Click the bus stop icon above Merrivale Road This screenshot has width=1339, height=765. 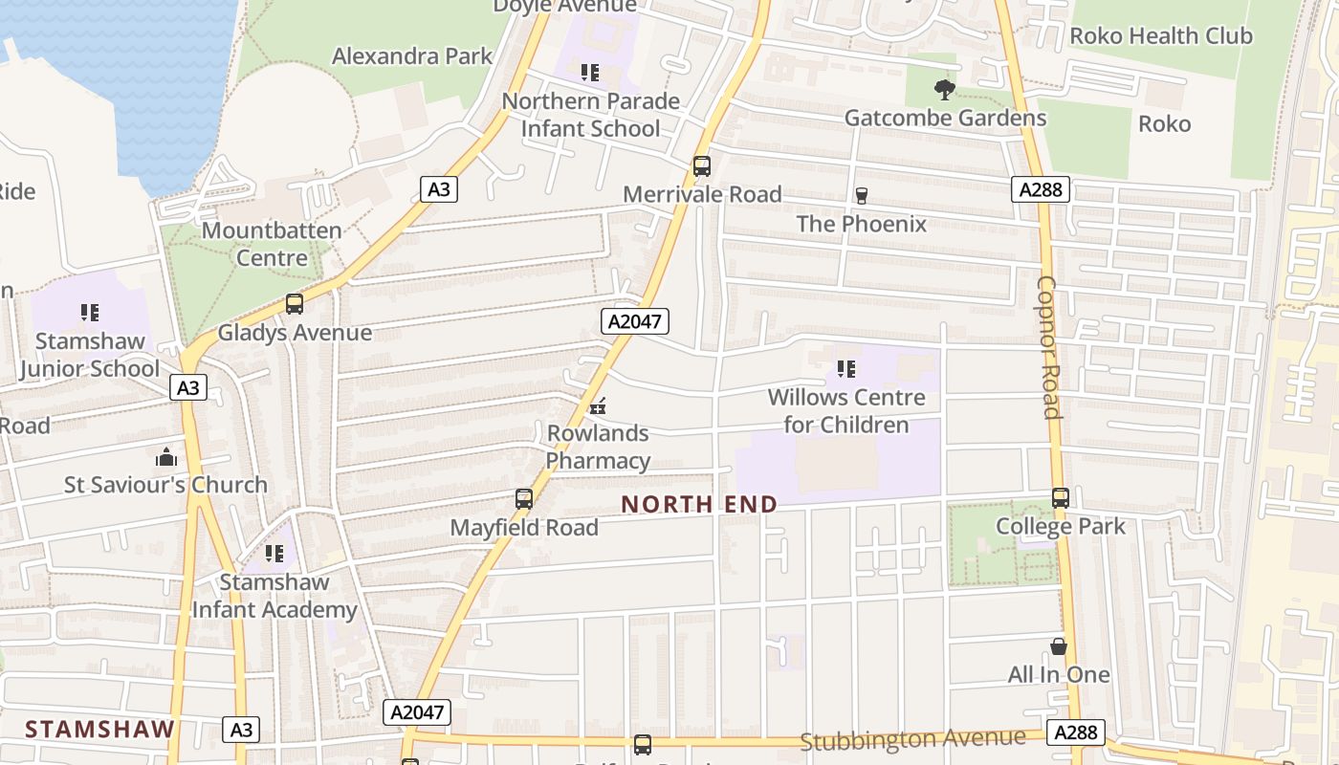[x=702, y=166]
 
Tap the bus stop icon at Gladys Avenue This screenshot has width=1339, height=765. [x=295, y=304]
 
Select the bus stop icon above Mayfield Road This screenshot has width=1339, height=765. [x=524, y=498]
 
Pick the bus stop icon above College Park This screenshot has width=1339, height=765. [x=1060, y=497]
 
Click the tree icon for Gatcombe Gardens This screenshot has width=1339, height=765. [x=945, y=90]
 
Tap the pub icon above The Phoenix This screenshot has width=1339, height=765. [x=861, y=196]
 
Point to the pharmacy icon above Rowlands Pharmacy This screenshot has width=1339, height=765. [x=598, y=406]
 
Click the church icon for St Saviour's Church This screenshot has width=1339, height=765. [x=166, y=457]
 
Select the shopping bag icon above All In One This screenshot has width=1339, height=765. [x=1058, y=646]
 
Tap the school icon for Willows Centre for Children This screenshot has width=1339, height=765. [x=846, y=368]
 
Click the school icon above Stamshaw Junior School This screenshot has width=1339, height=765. [x=90, y=312]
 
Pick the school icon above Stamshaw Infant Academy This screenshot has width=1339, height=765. [x=274, y=553]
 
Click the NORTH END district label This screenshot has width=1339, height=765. [x=699, y=504]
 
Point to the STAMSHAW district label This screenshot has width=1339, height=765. [x=100, y=729]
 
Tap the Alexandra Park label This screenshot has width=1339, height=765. [x=412, y=56]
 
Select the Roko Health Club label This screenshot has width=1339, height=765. [x=1161, y=36]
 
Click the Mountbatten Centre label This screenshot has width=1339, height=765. [x=272, y=244]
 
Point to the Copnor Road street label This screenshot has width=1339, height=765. [x=1049, y=348]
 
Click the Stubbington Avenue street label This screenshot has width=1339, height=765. [x=912, y=739]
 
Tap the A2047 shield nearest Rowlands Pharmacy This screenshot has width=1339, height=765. [x=635, y=321]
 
